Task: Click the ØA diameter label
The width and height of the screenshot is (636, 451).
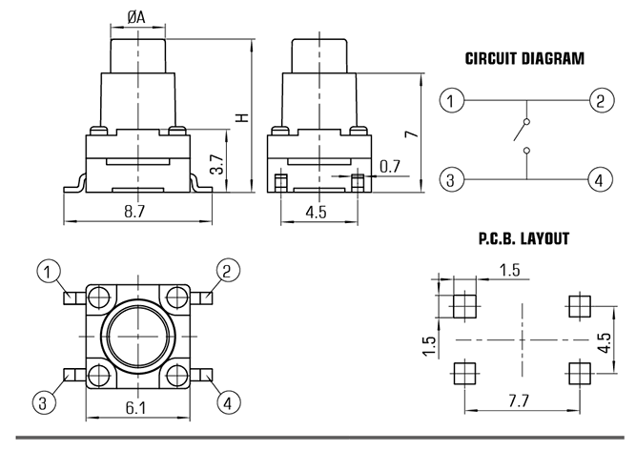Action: pyautogui.click(x=135, y=17)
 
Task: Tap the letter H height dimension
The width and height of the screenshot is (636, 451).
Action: pyautogui.click(x=242, y=117)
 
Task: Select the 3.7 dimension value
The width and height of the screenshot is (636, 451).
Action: pyautogui.click(x=217, y=164)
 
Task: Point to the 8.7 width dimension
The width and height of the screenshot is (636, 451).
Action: pyautogui.click(x=134, y=211)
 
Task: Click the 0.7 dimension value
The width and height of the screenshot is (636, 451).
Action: pyautogui.click(x=389, y=166)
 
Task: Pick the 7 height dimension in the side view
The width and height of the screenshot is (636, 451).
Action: pyautogui.click(x=412, y=133)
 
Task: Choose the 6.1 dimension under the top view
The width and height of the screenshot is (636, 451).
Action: pyautogui.click(x=135, y=407)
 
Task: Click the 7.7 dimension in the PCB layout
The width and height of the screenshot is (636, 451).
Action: pyautogui.click(x=519, y=401)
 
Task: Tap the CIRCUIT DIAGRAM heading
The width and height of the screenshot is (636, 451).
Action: pyautogui.click(x=524, y=58)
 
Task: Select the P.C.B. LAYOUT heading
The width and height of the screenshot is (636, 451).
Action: pyautogui.click(x=524, y=238)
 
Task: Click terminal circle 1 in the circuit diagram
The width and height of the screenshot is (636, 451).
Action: pyautogui.click(x=451, y=100)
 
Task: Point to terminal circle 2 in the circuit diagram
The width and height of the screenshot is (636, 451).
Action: pyautogui.click(x=601, y=100)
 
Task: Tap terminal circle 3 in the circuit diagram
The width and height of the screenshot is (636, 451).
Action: pyautogui.click(x=451, y=179)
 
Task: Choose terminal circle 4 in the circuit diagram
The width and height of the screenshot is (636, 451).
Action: pyautogui.click(x=601, y=179)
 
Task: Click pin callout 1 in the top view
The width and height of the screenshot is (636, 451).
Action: pyautogui.click(x=49, y=272)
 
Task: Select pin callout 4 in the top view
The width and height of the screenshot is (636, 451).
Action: pyautogui.click(x=229, y=403)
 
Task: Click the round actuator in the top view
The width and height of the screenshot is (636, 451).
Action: pyautogui.click(x=138, y=337)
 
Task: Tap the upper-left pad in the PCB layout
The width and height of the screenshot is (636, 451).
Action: pyautogui.click(x=464, y=306)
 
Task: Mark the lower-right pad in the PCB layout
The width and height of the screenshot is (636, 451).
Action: pyautogui.click(x=580, y=373)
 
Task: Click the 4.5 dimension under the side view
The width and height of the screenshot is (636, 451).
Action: pyautogui.click(x=316, y=212)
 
